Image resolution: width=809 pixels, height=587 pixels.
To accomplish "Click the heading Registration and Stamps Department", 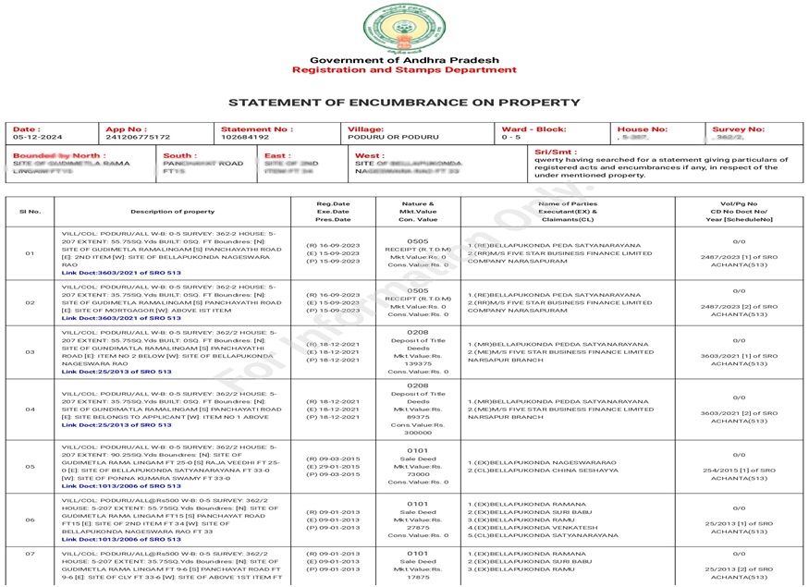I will tap(404, 70).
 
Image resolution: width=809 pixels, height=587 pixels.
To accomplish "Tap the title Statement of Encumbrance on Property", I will tap(404, 103).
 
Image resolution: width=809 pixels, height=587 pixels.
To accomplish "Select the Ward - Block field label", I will tap(533, 129).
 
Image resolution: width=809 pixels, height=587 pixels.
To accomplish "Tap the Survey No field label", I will tap(738, 129).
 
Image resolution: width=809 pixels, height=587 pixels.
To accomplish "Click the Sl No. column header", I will tap(30, 212).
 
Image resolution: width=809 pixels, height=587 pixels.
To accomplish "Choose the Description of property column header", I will tap(172, 212).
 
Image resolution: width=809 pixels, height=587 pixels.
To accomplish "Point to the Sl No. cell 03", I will tap(30, 352).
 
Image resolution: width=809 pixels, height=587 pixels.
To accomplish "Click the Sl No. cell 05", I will tap(30, 467).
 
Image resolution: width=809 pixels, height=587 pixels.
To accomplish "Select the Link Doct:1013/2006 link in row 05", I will tap(116, 485).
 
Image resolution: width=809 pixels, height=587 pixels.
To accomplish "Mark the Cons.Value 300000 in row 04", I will tap(417, 432).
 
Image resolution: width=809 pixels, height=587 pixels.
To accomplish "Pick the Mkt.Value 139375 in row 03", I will tap(417, 363).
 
